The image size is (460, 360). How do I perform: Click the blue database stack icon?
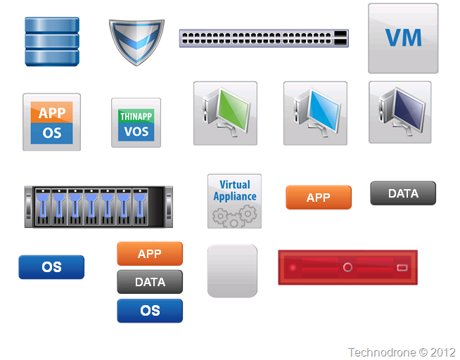coord(52,41)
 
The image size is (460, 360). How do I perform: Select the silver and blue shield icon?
coord(136,41)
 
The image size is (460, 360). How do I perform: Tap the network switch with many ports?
coord(264,38)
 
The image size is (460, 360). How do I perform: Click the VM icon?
coord(403,38)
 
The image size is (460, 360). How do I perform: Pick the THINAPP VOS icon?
coord(136,122)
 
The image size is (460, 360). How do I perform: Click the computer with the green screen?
coord(225,113)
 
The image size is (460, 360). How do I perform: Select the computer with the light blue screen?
coord(315,113)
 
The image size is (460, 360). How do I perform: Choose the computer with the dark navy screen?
coord(400,112)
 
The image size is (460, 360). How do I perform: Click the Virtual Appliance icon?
coord(234,200)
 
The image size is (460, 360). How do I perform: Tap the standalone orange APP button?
coord(318,198)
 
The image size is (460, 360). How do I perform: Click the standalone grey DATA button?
coord(403,193)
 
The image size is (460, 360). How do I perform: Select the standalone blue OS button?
coord(51,267)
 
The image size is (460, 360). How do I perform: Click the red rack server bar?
coord(347,268)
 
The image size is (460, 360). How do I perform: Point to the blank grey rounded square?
coord(232,271)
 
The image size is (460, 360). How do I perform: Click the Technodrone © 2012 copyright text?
coord(402,352)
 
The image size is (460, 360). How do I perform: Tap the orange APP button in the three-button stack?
coord(150,254)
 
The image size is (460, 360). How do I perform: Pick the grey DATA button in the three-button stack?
coord(150,282)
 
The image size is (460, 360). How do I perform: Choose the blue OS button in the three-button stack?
coord(150,311)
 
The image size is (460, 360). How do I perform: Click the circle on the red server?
coord(347,268)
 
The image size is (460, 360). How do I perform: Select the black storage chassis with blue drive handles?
coord(98,207)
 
